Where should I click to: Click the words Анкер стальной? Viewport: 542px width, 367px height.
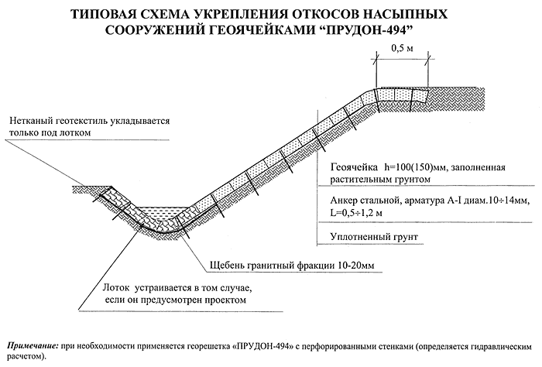[x=367, y=200]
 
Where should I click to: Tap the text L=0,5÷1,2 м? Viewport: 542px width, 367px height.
[x=358, y=211]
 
